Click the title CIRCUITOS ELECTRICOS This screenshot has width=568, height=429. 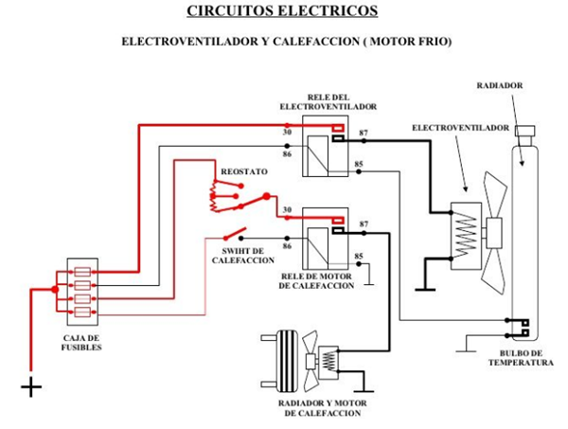pyautogui.click(x=282, y=11)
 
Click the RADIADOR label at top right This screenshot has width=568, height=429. pyautogui.click(x=499, y=85)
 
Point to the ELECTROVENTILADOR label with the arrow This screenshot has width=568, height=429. pyautogui.click(x=461, y=127)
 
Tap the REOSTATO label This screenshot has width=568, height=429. pyautogui.click(x=244, y=171)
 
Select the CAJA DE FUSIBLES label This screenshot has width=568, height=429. pyautogui.click(x=82, y=342)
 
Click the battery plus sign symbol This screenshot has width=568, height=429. pyautogui.click(x=31, y=386)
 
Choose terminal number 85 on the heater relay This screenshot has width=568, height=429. pyautogui.click(x=358, y=256)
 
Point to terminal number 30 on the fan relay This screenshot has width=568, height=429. pyautogui.click(x=287, y=133)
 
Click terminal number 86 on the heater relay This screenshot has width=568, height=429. pyautogui.click(x=287, y=245)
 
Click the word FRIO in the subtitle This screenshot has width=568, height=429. pyautogui.click(x=431, y=43)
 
